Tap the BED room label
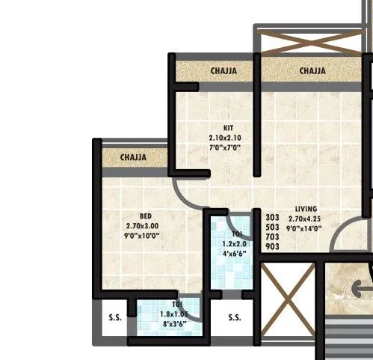(x=146, y=216)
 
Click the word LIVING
(x=306, y=209)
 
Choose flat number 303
(x=272, y=217)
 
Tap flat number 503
(x=272, y=227)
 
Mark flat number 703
(x=272, y=237)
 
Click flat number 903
(x=272, y=246)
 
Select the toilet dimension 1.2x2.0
(x=230, y=243)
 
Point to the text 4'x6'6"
(x=230, y=253)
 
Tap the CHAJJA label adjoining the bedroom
(x=133, y=158)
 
